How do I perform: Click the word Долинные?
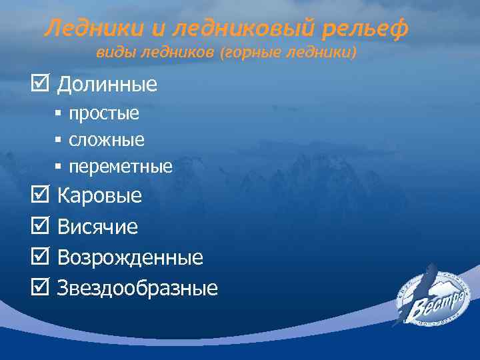coord(107,85)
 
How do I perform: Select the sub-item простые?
coord(104,113)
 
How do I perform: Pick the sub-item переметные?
coord(121,167)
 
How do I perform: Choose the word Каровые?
coord(100,197)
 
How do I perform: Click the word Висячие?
coord(98,227)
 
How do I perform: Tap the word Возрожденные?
coord(130,258)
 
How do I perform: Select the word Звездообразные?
coord(137,289)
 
